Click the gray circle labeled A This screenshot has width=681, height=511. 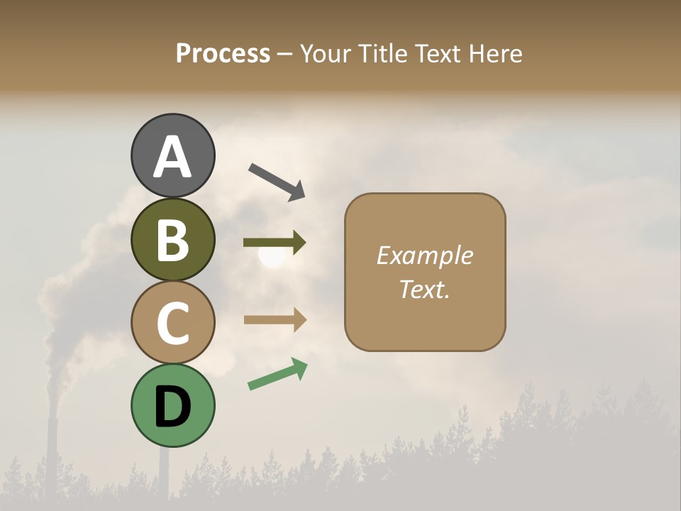(x=172, y=155)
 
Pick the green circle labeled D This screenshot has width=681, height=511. (x=172, y=405)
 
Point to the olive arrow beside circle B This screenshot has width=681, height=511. (x=275, y=243)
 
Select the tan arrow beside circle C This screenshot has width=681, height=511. (x=275, y=319)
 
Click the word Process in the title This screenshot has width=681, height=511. (x=223, y=53)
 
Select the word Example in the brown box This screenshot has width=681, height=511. (x=424, y=255)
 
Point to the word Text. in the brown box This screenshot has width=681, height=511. (x=424, y=289)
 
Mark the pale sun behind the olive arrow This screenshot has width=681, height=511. (x=270, y=257)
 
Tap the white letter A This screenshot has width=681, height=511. (x=172, y=157)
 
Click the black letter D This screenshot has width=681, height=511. (x=172, y=407)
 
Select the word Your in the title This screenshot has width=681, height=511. (x=324, y=53)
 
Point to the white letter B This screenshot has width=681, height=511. (x=172, y=240)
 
